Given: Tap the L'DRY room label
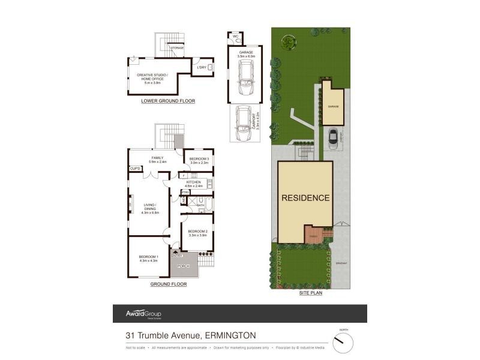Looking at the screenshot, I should tap(202, 68).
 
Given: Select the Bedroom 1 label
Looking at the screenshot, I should tap(148, 258).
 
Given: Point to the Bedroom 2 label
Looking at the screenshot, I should tap(197, 233).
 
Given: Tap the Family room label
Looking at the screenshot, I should tap(157, 160).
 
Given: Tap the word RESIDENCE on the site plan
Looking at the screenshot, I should tap(306, 198).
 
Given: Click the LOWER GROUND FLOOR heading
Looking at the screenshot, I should tap(168, 101).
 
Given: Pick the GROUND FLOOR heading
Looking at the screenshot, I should tap(168, 284).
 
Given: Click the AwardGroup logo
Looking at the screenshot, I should tap(143, 314).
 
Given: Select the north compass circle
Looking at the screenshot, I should tap(343, 343).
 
